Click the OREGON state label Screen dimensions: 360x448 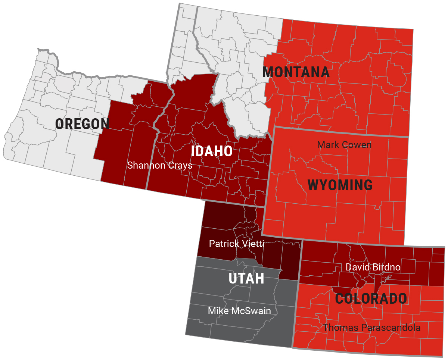click(x=82, y=124)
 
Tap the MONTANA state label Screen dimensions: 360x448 click(x=296, y=72)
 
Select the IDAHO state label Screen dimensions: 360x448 click(x=212, y=151)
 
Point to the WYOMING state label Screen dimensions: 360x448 click(x=340, y=185)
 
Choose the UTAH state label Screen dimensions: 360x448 click(x=246, y=278)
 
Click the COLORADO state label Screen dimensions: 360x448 click(x=371, y=299)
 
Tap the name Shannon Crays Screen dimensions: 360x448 click(x=159, y=165)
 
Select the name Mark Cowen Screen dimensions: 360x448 click(x=344, y=145)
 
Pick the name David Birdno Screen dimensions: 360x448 click(x=373, y=267)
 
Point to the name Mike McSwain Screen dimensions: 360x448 click(x=239, y=311)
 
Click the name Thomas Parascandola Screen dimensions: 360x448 click(x=372, y=328)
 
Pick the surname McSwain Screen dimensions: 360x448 click(x=253, y=311)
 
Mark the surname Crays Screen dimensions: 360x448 click(x=180, y=165)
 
